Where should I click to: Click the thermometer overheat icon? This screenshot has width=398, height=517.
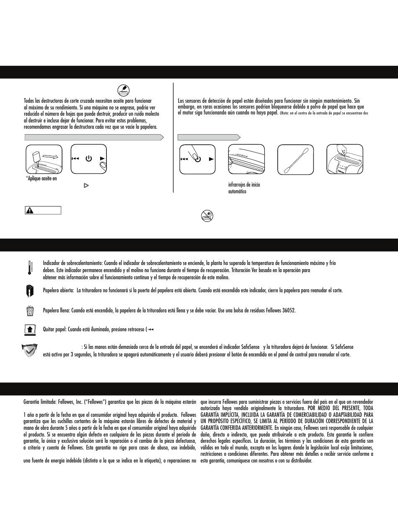pos(30,268)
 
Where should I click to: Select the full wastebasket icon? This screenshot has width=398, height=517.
pos(30,311)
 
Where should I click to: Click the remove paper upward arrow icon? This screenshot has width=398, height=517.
pos(30,330)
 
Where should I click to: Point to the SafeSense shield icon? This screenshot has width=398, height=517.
pos(29,351)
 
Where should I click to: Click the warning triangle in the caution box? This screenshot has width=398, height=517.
pos(30,210)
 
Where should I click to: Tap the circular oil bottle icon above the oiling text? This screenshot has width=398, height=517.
pos(124,90)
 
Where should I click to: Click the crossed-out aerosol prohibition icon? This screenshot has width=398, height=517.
pos(207,216)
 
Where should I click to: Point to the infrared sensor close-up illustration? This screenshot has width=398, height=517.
pos(246,159)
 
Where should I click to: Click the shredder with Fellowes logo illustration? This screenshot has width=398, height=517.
pos(344,159)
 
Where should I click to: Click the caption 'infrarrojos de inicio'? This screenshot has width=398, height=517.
pos(244,185)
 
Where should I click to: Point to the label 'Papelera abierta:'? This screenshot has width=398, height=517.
pos(59,290)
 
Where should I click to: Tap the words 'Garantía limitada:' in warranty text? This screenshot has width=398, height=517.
pos(41,402)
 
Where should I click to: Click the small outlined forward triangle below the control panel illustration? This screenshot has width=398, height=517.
pos(86,185)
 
